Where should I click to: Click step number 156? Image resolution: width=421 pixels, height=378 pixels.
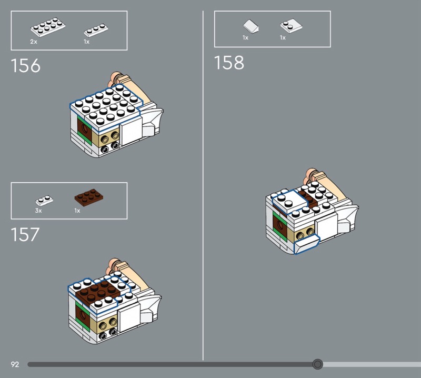tap(25, 66)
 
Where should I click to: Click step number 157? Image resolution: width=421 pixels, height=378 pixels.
tap(25, 234)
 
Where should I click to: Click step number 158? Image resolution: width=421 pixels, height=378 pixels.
tap(229, 63)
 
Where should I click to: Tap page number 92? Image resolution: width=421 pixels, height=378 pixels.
tap(15, 364)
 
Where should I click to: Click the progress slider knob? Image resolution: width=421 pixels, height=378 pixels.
tap(317, 364)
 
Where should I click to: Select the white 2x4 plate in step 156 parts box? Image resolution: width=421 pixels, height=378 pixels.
tap(48, 27)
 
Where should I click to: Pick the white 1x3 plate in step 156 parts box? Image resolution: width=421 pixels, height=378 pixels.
tap(96, 30)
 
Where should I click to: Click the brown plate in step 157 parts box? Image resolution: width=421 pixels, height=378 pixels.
tap(88, 197)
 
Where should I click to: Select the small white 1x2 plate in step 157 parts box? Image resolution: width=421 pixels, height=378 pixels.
tap(44, 201)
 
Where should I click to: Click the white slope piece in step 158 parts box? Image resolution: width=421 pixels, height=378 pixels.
tap(251, 26)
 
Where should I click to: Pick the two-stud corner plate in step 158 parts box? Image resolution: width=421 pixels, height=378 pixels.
tap(291, 25)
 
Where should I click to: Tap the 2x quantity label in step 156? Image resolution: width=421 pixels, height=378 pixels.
tap(34, 42)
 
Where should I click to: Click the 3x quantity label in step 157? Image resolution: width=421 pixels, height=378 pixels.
tap(38, 211)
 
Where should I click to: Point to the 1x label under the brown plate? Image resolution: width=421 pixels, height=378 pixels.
tap(77, 211)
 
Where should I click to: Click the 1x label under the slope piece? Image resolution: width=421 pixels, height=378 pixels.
tap(245, 37)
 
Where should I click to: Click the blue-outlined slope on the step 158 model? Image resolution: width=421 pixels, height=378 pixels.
tap(306, 244)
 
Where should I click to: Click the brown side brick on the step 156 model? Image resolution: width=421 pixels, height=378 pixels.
tap(85, 130)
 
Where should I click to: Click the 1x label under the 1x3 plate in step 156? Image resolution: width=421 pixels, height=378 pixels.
tap(86, 42)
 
